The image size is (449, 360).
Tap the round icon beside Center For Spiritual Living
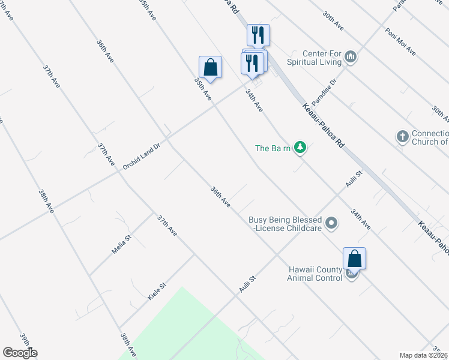(x=351, y=58)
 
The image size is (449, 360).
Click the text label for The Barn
(x=273, y=148)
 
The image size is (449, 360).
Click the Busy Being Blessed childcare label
(x=285, y=224)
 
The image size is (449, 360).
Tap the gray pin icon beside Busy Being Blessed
(x=331, y=224)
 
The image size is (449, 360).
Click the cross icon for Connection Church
(x=403, y=137)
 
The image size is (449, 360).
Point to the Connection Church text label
(x=430, y=137)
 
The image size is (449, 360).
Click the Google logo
(x=20, y=353)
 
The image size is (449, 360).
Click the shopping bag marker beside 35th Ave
(x=210, y=68)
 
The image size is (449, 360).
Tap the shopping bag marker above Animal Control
(x=354, y=259)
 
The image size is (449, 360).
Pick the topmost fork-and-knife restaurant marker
(x=258, y=35)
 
